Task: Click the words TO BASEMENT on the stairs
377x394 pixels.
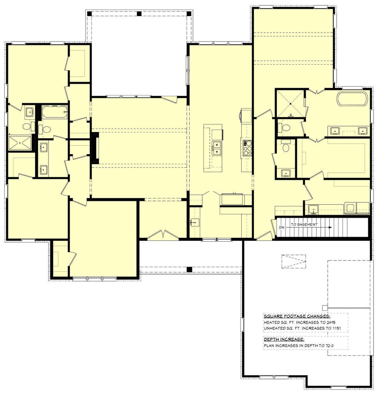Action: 304,224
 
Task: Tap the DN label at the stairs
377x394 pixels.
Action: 282,228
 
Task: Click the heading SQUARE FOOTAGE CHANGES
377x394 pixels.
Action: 297,316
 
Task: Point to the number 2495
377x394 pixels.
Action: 331,322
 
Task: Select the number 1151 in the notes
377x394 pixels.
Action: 336,328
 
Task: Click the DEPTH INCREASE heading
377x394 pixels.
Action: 284,339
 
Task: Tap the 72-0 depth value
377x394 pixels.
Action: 329,346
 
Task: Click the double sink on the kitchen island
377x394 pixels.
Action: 217,148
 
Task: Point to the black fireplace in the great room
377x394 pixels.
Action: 94,148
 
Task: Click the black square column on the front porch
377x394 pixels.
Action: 189,270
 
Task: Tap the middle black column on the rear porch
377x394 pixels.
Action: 139,13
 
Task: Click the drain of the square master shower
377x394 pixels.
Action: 290,104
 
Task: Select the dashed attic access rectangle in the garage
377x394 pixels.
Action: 294,262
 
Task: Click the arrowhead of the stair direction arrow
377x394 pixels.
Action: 330,228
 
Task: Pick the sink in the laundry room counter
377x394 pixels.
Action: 313,209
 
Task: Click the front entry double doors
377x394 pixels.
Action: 163,234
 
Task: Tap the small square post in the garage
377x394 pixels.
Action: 325,307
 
